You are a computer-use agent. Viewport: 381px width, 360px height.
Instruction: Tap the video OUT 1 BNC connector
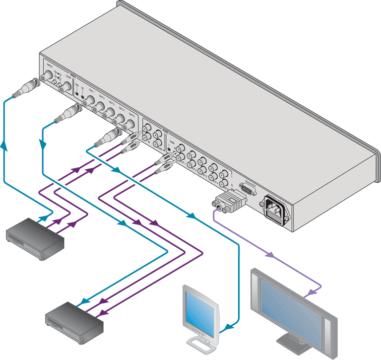[91, 100]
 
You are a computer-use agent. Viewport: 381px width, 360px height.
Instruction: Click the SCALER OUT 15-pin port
[247, 189]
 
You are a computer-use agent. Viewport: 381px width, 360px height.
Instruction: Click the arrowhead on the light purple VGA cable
[270, 255]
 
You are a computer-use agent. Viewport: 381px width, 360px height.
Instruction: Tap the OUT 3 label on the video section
[111, 105]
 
